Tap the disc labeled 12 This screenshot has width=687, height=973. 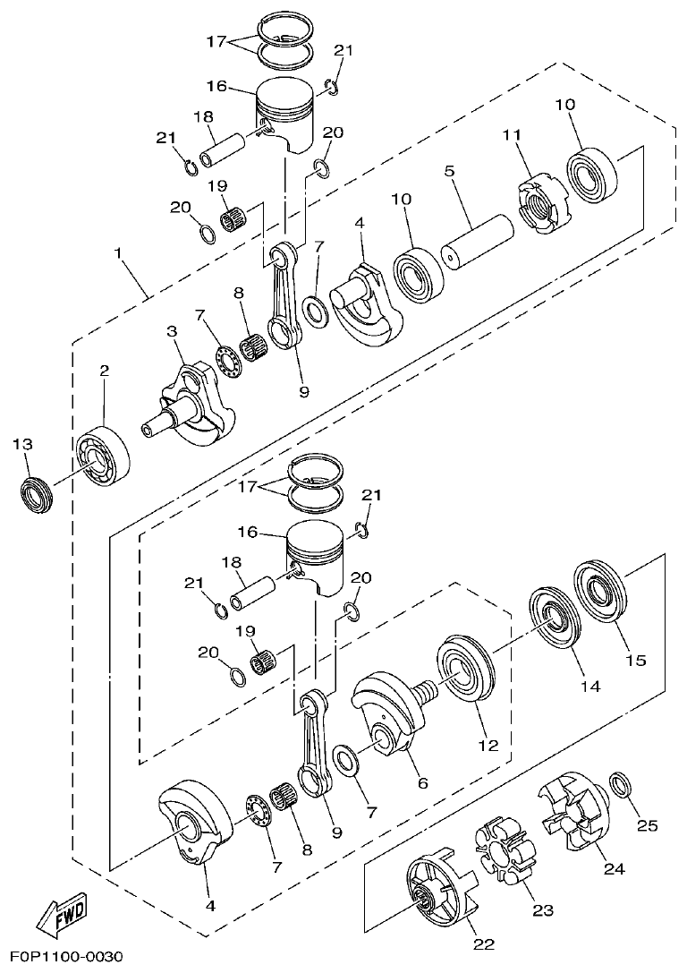coord(464,670)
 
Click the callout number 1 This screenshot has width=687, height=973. coord(117,253)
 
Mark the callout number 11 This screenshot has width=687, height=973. coord(511,135)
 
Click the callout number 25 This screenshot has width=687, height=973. coord(647,825)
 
